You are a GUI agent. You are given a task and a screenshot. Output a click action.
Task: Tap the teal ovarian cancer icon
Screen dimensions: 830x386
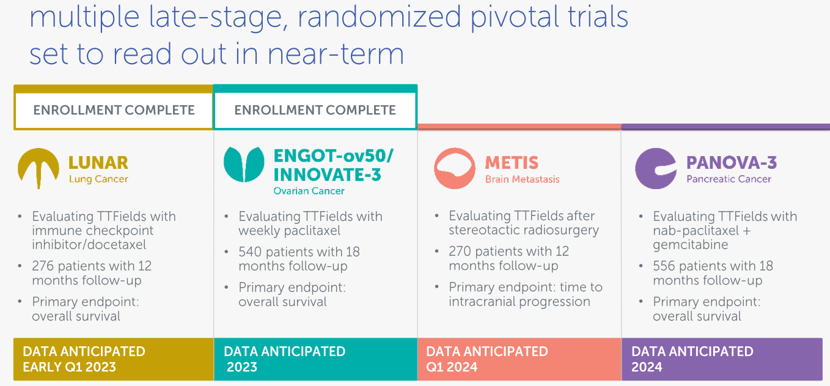(244, 165)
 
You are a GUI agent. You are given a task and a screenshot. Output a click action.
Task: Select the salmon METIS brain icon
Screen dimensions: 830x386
(455, 168)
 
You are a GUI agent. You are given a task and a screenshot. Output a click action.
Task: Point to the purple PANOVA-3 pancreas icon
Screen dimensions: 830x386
(656, 168)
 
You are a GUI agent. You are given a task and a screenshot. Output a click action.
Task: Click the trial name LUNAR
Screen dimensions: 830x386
(98, 163)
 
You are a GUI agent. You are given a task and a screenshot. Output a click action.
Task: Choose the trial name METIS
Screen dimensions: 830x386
(512, 163)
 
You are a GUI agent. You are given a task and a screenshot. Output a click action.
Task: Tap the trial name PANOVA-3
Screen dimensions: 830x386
(732, 163)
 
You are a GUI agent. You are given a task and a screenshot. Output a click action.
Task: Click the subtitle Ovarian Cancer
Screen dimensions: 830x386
(309, 191)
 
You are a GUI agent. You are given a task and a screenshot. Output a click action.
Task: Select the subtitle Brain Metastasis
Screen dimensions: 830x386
(522, 179)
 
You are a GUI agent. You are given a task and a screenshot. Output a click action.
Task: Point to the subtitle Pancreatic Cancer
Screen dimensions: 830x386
(729, 179)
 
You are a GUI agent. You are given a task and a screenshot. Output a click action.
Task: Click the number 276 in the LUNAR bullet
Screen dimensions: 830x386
(43, 266)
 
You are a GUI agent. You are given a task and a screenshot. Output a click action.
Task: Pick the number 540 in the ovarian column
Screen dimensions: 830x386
(250, 252)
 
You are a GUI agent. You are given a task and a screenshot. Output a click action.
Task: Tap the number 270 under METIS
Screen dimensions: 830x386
(460, 251)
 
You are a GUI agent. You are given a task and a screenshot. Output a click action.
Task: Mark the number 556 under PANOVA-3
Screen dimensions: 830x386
(664, 266)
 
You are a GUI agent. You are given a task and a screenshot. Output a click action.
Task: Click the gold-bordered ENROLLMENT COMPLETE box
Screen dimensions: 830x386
(114, 110)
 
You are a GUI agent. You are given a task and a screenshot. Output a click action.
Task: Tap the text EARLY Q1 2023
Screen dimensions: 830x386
(69, 367)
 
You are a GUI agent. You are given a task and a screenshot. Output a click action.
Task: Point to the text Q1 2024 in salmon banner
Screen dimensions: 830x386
(452, 367)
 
